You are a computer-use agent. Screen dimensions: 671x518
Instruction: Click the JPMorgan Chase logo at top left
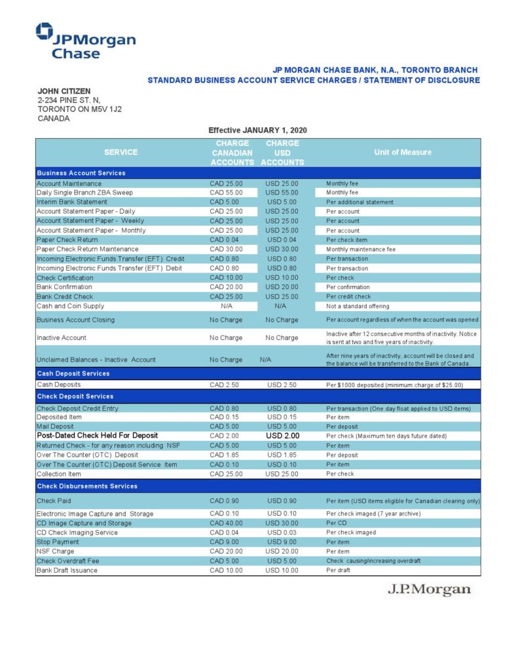[x=85, y=41]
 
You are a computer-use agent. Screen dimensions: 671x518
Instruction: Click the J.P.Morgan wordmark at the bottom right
[x=429, y=589]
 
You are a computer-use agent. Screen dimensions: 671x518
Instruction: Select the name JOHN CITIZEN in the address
[x=64, y=91]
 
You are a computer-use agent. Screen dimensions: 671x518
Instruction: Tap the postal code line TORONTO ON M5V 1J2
[x=79, y=109]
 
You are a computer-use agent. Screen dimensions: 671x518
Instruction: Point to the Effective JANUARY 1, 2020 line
[x=257, y=130]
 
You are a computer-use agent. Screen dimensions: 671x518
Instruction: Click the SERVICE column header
[x=121, y=152]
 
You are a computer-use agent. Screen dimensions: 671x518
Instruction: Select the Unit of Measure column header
[x=403, y=152]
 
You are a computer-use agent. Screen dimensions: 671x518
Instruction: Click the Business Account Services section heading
[x=81, y=173]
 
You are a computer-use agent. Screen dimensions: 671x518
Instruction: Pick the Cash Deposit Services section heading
[x=73, y=374]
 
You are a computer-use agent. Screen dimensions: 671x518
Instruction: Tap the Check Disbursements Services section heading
[x=86, y=486]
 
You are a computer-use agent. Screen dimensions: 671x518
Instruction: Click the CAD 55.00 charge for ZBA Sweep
[x=226, y=193]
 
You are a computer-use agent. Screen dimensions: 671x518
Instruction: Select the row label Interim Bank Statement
[x=72, y=202]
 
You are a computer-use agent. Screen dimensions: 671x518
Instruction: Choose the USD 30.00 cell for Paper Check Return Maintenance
[x=282, y=249]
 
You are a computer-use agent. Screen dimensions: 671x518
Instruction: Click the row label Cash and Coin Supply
[x=70, y=306]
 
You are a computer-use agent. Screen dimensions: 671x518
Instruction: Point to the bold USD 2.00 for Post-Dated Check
[x=282, y=435]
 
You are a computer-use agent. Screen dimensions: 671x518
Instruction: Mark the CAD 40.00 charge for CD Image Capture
[x=226, y=523]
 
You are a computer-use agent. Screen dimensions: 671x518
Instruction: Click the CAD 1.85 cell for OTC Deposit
[x=226, y=454]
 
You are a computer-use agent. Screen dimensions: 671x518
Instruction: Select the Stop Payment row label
[x=59, y=542]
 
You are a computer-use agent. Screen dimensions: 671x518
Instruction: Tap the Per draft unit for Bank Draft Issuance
[x=339, y=570]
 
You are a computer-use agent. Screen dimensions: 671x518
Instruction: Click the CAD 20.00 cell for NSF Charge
[x=226, y=552]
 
